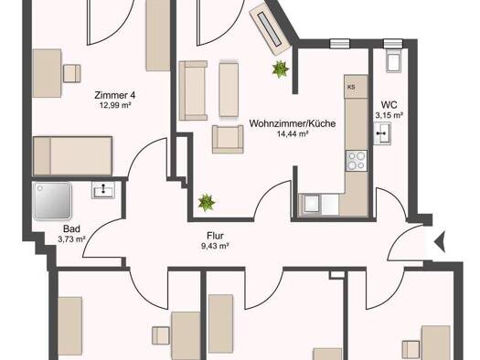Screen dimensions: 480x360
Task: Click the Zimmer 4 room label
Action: [115, 95]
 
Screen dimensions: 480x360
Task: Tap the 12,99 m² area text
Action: [115, 105]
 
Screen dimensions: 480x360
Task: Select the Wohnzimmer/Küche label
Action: [293, 123]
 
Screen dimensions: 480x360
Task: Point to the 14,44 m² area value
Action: [293, 133]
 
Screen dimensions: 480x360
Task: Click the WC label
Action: [389, 105]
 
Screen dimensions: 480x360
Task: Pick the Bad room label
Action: [71, 228]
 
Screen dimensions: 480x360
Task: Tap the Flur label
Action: [215, 236]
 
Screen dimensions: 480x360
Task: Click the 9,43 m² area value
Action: [216, 246]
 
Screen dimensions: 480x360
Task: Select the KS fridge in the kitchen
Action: [356, 87]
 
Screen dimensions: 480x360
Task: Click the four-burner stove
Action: [357, 161]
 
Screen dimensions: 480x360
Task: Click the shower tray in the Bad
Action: [52, 201]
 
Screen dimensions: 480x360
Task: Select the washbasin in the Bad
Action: [102, 190]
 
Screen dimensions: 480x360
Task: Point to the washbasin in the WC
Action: [382, 133]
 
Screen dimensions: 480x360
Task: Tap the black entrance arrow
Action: [440, 242]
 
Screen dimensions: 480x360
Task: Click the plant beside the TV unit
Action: [280, 69]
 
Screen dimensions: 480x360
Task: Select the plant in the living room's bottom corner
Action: [207, 203]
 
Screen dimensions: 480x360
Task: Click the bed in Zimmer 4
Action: [72, 156]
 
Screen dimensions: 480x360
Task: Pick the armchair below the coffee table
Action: [228, 139]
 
